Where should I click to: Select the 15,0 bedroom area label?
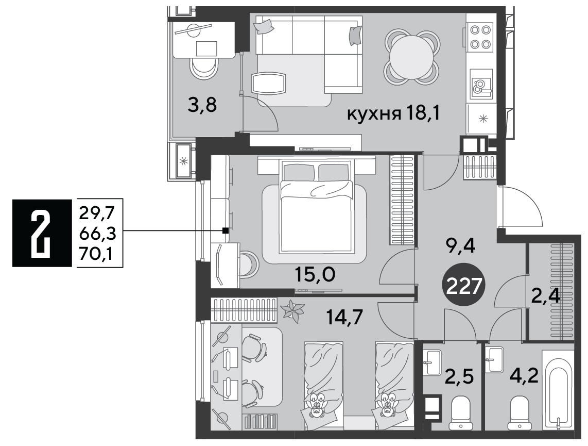tap(315, 275)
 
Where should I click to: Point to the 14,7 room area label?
tap(344, 318)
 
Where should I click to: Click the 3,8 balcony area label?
tap(202, 106)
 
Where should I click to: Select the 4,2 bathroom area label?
tap(524, 375)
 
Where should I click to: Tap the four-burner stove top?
tap(480, 37)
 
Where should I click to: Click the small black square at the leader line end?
tap(225, 230)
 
